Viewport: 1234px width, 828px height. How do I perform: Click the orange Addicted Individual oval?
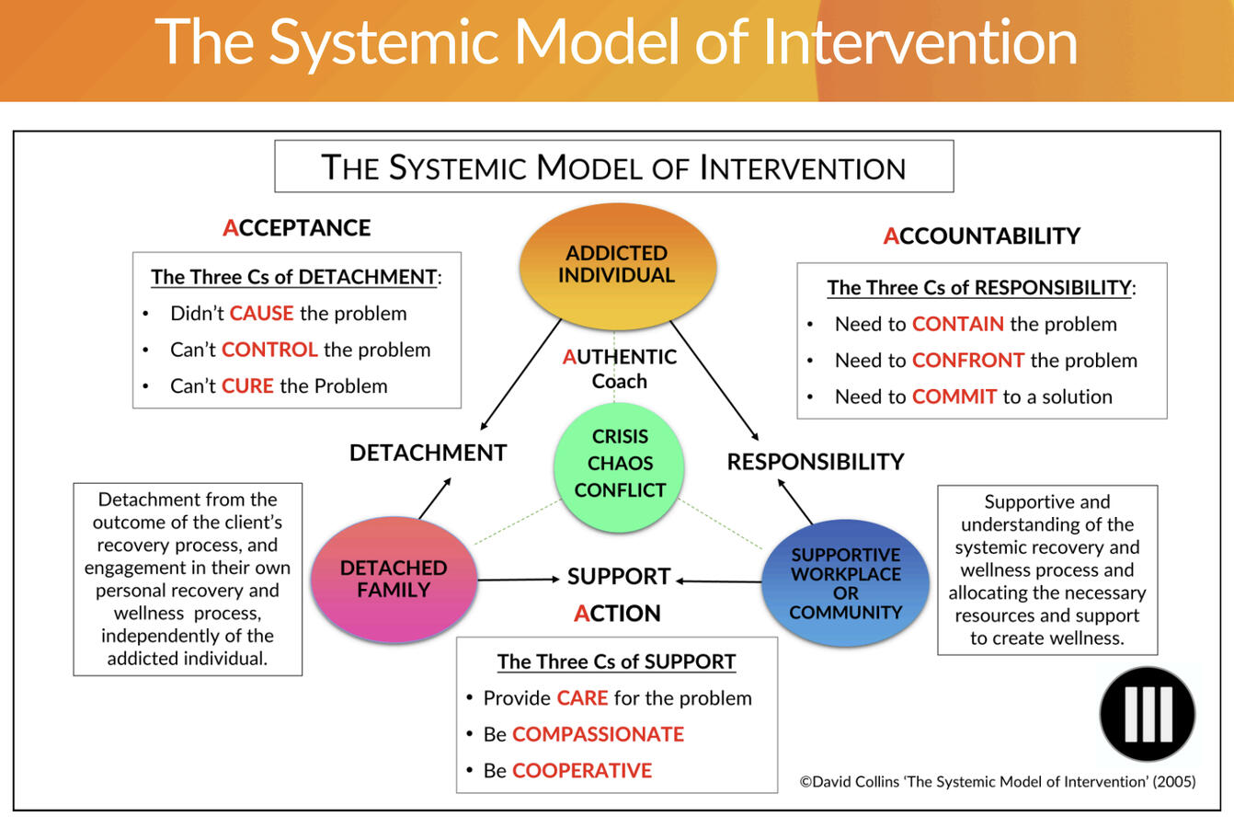point(617,265)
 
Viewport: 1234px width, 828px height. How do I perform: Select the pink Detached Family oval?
point(394,580)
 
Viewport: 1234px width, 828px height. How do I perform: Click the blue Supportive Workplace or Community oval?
point(845,583)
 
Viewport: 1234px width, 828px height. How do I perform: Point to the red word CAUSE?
point(261,314)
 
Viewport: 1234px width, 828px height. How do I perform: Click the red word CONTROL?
point(269,350)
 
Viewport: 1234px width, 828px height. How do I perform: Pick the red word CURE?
point(247,386)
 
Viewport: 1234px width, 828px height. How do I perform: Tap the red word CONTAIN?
point(957,324)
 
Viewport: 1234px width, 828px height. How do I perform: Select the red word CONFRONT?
point(967,361)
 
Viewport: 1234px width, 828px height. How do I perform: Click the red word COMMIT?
point(954,397)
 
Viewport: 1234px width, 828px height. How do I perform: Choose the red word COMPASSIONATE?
point(598,734)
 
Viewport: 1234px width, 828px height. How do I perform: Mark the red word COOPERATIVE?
point(581,771)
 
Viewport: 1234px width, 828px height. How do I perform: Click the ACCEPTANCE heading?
point(296,228)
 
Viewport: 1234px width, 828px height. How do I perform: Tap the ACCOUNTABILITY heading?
point(981,236)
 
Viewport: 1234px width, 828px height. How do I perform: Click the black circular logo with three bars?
point(1147,715)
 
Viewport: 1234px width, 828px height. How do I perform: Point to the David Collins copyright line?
point(997,782)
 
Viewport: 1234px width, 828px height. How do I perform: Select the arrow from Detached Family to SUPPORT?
point(518,580)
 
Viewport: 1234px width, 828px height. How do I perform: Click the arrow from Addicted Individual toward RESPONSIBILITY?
point(714,381)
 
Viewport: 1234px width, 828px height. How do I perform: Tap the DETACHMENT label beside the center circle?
point(428,453)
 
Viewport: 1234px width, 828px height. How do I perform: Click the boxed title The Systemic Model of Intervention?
point(613,167)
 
